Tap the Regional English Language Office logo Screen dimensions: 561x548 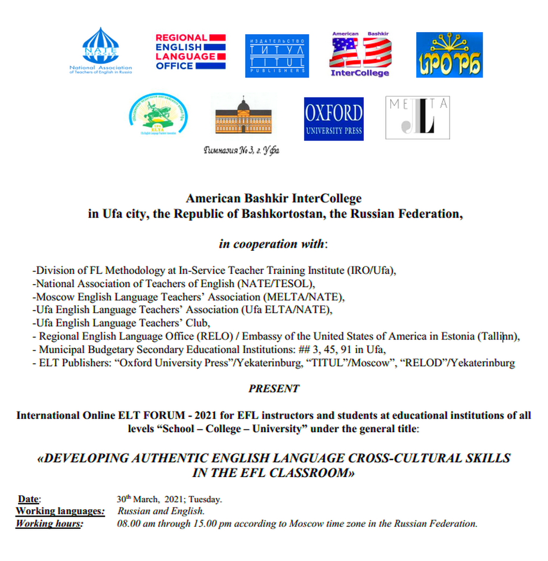190,52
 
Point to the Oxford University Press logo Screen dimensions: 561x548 333,119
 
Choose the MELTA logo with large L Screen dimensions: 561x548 417,118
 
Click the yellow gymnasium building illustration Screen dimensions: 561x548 243,116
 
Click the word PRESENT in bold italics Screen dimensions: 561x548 273,389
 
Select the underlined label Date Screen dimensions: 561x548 28,499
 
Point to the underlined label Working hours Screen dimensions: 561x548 49,524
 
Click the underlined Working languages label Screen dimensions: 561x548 59,511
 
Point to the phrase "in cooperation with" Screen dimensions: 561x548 271,244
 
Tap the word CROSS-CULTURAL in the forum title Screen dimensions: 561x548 419,458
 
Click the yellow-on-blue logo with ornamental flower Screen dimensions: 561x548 450,55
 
